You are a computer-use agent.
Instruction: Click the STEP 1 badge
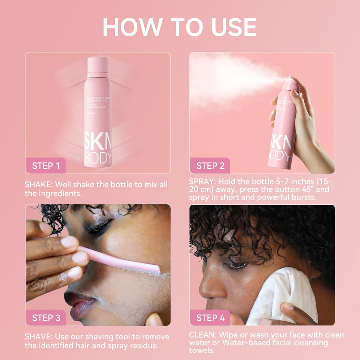pyautogui.click(x=45, y=166)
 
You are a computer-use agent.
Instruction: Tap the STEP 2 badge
pyautogui.click(x=210, y=166)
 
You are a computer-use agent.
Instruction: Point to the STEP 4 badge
pyautogui.click(x=210, y=318)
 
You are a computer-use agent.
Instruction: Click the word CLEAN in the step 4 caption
pyautogui.click(x=203, y=334)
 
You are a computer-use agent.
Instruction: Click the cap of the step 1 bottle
pyautogui.click(x=98, y=64)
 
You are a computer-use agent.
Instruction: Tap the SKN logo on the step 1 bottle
pyautogui.click(x=98, y=141)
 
